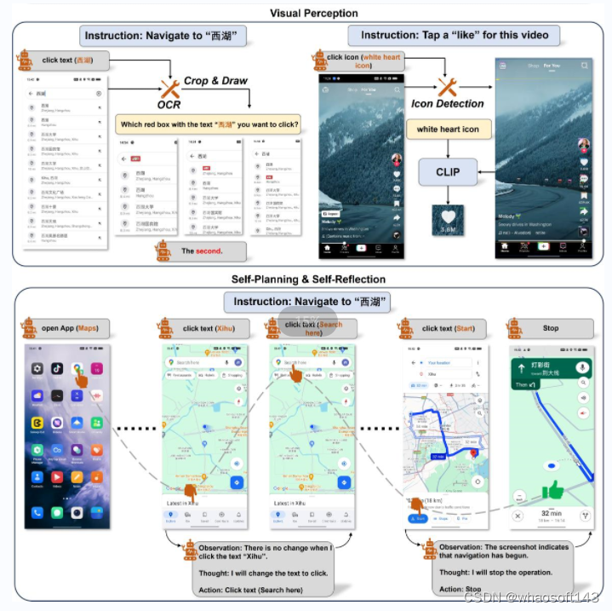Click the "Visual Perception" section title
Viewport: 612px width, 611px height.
click(x=314, y=13)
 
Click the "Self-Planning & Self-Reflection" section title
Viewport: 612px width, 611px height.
click(x=308, y=279)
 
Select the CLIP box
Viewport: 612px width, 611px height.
click(x=448, y=171)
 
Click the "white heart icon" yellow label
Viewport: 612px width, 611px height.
click(x=448, y=130)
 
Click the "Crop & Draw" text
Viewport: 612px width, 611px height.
click(x=215, y=81)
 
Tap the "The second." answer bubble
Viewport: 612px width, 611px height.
click(x=201, y=251)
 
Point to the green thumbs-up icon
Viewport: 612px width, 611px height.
click(x=554, y=490)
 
